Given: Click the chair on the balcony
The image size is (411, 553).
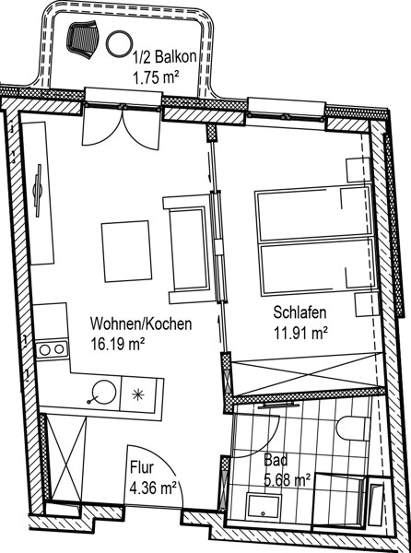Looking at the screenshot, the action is tap(83, 38).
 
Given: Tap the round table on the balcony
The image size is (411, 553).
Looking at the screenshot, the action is tap(120, 43).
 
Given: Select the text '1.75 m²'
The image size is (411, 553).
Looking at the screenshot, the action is tap(155, 77).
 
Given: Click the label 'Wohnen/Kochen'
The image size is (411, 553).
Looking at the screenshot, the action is tap(141, 324).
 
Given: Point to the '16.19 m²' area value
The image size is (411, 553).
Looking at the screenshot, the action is tap(118, 344).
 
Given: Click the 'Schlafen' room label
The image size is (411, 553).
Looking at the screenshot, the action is tap(300, 312).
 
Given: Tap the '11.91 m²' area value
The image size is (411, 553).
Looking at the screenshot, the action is tap(301, 333).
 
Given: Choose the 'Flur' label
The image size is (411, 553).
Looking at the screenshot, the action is tap(142, 467).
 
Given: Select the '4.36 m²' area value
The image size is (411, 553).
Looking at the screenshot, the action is tap(153, 488).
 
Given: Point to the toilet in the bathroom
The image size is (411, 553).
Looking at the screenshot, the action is tap(353, 429).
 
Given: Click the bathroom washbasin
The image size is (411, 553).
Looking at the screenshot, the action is tap(264, 506).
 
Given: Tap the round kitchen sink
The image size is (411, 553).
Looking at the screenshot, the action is tap(103, 392).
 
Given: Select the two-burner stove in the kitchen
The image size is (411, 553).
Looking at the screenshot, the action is tap(53, 349).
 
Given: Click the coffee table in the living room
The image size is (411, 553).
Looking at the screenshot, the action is tap(126, 251).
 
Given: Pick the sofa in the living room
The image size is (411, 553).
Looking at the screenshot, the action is tap(189, 250).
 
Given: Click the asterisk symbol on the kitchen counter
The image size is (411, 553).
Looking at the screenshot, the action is tap(137, 394).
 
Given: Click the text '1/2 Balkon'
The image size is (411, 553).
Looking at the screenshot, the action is tap(165, 57).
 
